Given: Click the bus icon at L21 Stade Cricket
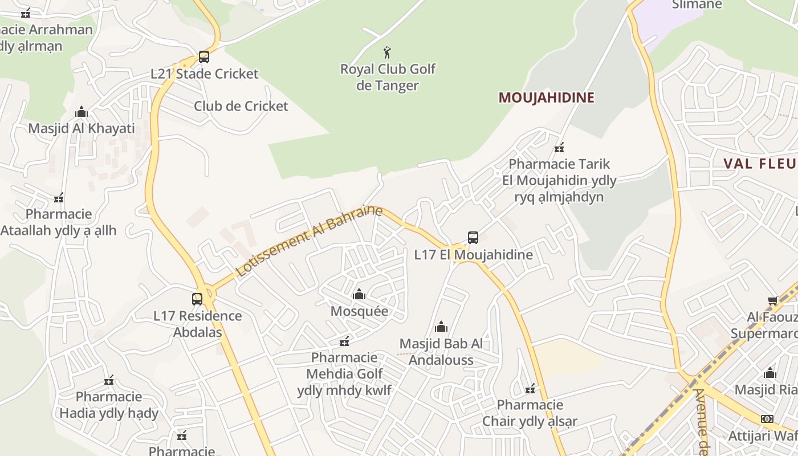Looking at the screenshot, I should click(x=203, y=57).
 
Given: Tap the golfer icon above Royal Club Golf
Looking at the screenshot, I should click(x=388, y=52).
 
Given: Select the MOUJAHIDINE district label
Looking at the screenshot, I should click(x=546, y=97).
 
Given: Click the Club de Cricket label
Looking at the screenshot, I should click(x=241, y=106).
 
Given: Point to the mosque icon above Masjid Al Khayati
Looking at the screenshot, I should click(x=82, y=112).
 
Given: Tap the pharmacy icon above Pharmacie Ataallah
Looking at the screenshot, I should click(x=58, y=198).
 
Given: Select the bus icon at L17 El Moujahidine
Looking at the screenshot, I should click(x=473, y=238).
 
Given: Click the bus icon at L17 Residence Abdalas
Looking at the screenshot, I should click(x=197, y=299).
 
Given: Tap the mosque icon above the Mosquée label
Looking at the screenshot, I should click(x=359, y=295).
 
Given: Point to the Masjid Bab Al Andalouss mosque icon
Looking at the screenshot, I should click(x=441, y=327).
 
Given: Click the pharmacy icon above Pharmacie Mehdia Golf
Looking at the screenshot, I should click(x=344, y=341).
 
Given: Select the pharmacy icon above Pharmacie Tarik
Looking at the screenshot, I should click(x=559, y=148).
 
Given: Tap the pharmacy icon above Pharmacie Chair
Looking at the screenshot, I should click(x=530, y=389).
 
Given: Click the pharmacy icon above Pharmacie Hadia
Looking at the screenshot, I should click(x=109, y=380).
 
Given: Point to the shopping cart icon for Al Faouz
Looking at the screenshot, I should click(x=772, y=300).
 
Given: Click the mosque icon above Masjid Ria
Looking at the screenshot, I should click(x=770, y=373).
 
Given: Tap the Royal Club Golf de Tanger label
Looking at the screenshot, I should click(x=388, y=77).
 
